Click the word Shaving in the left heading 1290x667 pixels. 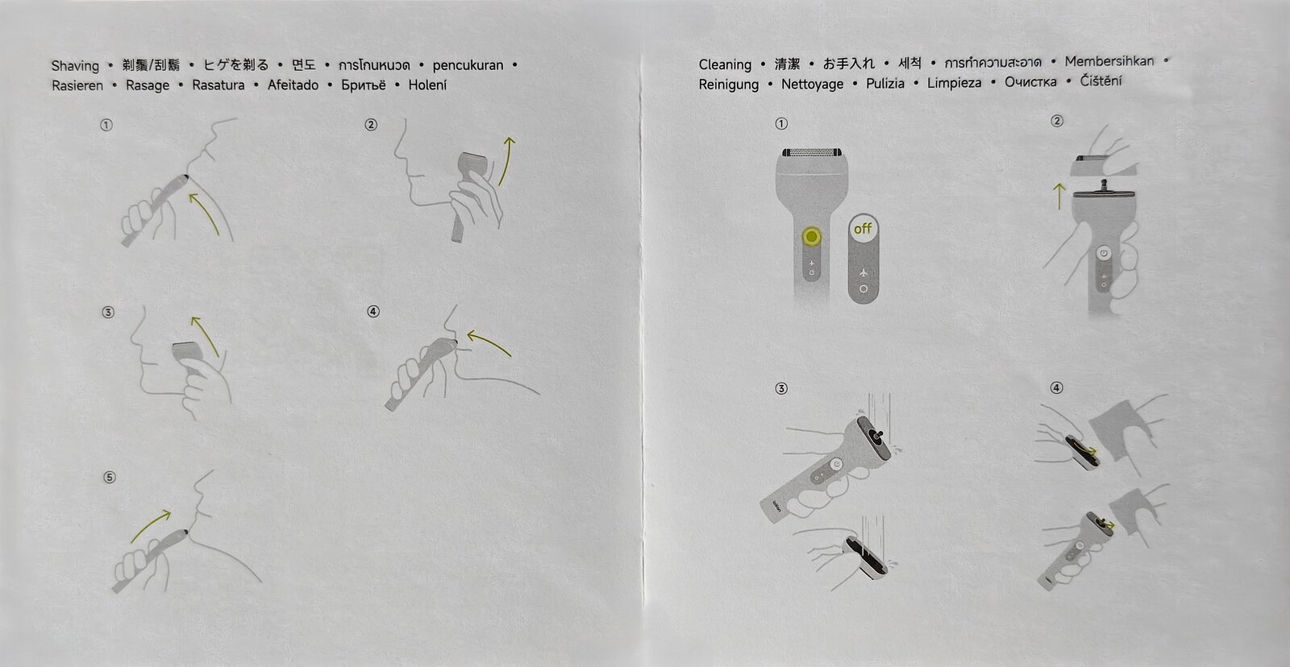[75, 66]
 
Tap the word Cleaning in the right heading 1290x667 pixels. [725, 65]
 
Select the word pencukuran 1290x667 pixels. [468, 65]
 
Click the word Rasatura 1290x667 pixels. [218, 85]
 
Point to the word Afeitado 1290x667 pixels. [293, 85]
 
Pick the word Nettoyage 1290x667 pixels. [812, 85]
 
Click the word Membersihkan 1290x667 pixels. [1109, 61]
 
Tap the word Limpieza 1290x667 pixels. [955, 84]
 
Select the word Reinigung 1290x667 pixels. [729, 85]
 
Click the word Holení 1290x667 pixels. [427, 85]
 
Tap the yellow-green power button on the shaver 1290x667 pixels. [811, 236]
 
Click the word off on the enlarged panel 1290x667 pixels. [863, 229]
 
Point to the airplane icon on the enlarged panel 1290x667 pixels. [863, 271]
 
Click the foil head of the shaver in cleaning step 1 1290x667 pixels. [811, 152]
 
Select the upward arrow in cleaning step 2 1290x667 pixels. [1059, 197]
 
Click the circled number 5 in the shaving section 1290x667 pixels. [110, 477]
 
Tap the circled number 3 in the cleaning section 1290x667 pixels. [781, 389]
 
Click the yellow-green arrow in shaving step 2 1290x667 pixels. [507, 160]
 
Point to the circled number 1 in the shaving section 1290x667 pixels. [106, 125]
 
